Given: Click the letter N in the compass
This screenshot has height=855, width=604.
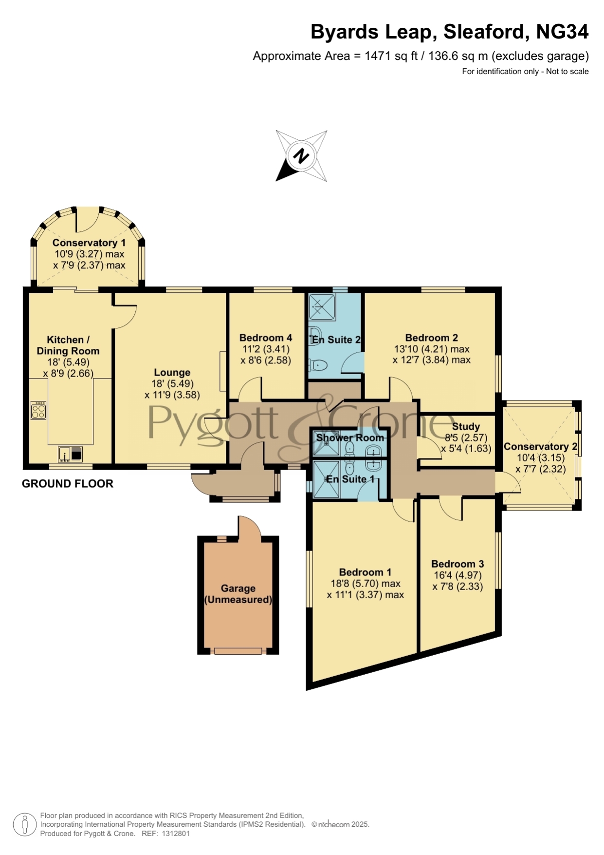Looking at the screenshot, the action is click(301, 156).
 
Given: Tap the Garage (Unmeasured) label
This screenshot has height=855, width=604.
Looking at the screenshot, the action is click(238, 594).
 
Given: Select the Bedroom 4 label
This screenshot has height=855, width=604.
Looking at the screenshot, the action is click(266, 338).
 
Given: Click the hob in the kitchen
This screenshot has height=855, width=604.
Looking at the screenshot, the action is click(38, 410).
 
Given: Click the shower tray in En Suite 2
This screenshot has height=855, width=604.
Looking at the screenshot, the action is click(322, 307).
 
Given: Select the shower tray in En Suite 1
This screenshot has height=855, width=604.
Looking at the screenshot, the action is click(326, 479).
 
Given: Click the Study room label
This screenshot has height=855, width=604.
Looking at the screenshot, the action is click(466, 426).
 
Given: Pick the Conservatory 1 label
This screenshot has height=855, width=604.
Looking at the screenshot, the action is click(89, 243).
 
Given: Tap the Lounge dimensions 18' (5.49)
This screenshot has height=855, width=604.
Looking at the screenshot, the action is click(172, 383).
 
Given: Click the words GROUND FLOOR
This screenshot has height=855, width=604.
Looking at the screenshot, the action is click(68, 483).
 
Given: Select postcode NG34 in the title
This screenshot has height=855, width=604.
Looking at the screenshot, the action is click(562, 32).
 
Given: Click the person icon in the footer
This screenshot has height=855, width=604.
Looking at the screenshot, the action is click(24, 825).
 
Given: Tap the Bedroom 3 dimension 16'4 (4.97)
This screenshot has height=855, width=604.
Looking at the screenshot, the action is click(458, 575).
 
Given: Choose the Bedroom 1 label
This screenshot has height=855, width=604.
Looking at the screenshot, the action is click(365, 572).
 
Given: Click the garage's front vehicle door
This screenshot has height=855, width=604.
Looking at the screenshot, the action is click(238, 651).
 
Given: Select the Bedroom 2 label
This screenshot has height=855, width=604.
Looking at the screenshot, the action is click(432, 338).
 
